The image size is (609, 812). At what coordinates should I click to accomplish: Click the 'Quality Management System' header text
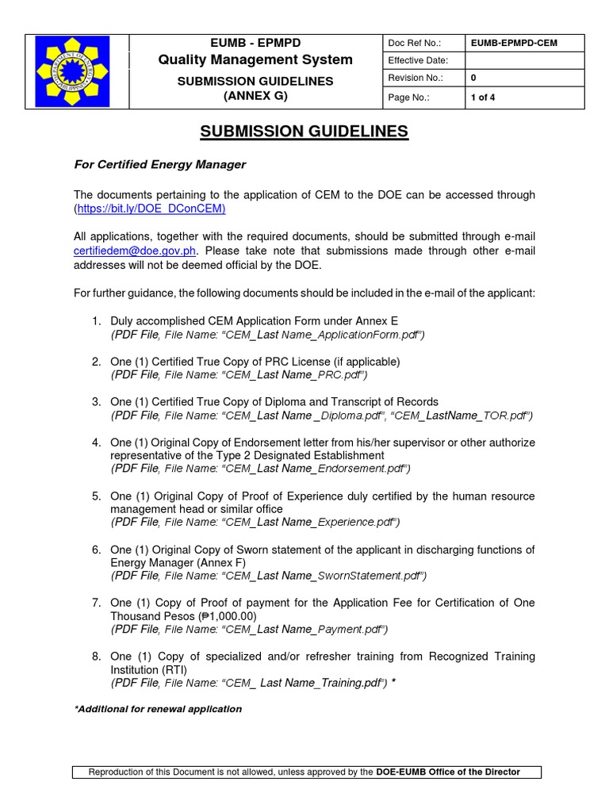tap(255, 60)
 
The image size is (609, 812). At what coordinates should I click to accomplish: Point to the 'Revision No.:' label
tap(415, 79)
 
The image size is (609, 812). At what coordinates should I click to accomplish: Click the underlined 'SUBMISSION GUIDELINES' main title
tap(304, 132)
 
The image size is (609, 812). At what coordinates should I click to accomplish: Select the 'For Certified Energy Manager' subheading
tap(160, 165)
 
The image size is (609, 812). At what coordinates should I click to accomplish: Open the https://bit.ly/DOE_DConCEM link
tap(151, 209)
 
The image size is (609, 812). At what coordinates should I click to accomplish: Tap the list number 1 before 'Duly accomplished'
tap(95, 320)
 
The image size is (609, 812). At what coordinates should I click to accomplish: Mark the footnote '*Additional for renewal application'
tap(158, 709)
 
